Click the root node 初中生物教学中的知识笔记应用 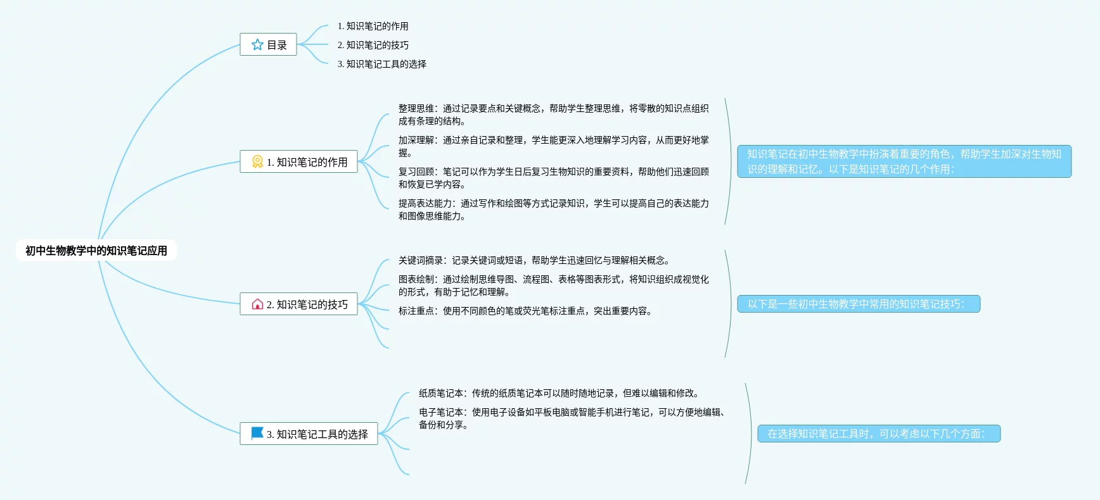[96, 251]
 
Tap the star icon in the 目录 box [257, 45]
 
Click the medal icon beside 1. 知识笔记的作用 [257, 162]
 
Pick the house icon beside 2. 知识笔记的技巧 [257, 304]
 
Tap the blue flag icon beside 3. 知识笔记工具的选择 [257, 434]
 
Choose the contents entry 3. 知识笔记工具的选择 [381, 64]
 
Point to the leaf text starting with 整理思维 [553, 115]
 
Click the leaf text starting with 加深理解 [553, 146]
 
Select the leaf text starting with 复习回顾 [553, 178]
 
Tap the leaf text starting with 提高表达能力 [553, 209]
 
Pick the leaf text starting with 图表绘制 [553, 285]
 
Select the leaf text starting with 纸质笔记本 [558, 393]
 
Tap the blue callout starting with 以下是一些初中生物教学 [859, 304]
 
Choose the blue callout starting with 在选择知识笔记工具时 [879, 434]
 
